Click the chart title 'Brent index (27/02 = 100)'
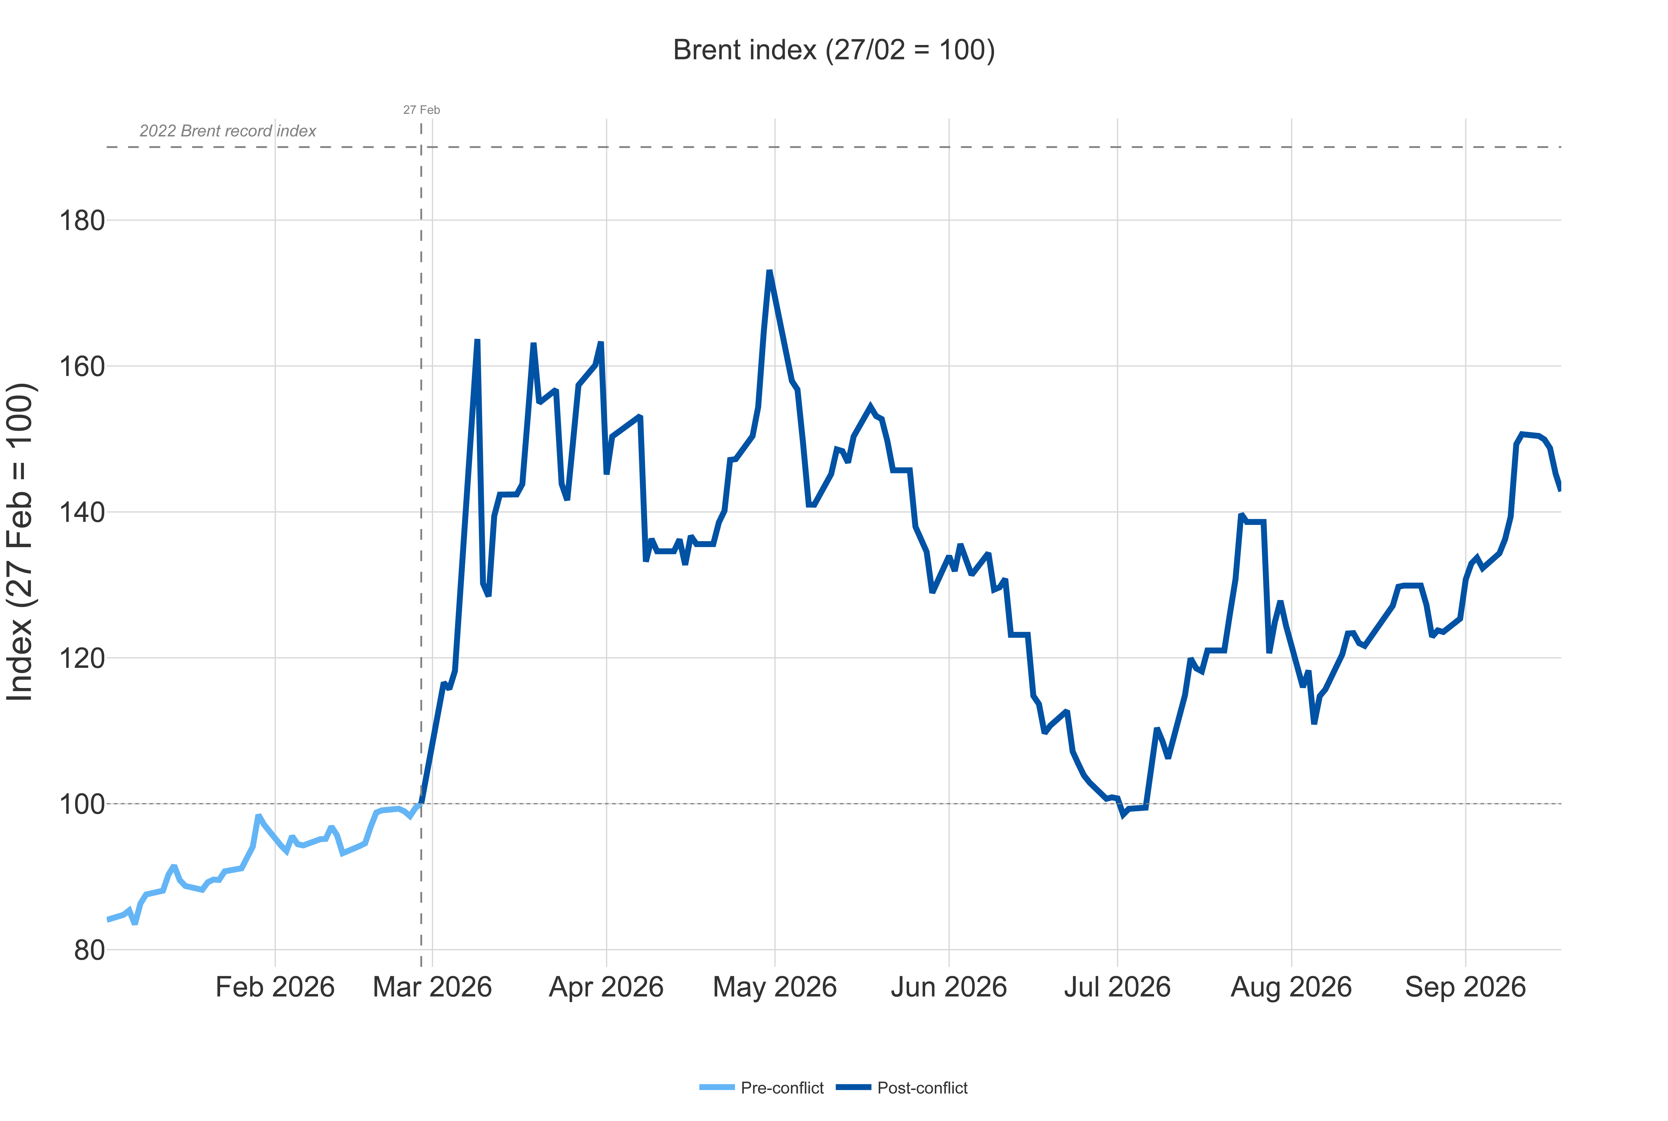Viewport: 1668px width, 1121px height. tap(834, 50)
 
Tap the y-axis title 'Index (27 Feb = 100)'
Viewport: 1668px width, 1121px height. tap(20, 542)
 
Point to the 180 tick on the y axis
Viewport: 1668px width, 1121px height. tap(81, 220)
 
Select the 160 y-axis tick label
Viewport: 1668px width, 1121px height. tap(81, 366)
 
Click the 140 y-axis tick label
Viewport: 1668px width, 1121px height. tap(81, 512)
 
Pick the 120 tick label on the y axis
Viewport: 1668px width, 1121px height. tap(81, 658)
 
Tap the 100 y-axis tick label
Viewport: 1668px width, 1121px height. tap(81, 804)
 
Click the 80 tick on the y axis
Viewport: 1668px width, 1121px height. tap(89, 950)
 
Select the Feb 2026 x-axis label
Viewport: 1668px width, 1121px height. tap(275, 987)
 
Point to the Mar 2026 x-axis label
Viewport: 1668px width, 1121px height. tap(433, 987)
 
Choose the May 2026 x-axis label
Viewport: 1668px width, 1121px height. tap(775, 987)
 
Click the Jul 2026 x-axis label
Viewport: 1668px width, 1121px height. tap(1118, 987)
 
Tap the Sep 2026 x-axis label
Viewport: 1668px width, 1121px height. tap(1466, 987)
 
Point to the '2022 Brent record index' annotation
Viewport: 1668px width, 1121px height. tap(227, 131)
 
